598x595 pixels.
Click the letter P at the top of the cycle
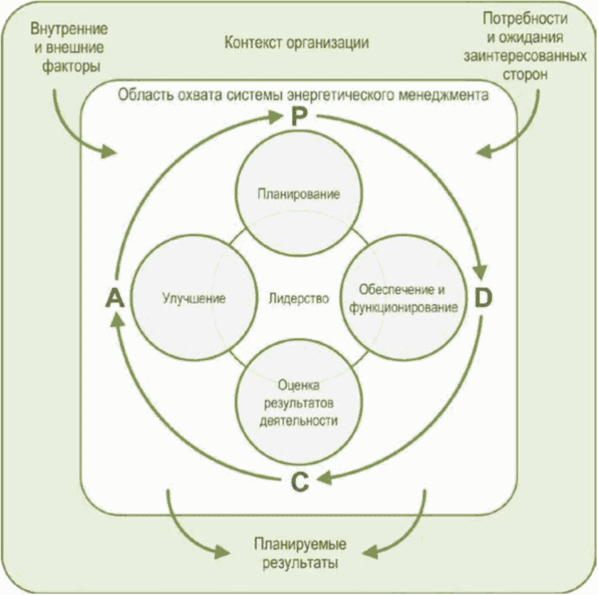click(x=299, y=116)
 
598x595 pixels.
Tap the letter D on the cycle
click(x=483, y=298)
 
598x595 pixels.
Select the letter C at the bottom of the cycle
click(x=299, y=483)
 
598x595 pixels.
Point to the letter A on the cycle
click(x=115, y=298)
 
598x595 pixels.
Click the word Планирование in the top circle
click(x=299, y=195)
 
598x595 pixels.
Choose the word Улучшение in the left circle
click(x=194, y=298)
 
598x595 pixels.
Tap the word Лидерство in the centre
click(x=299, y=298)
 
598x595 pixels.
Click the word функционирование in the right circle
click(x=404, y=308)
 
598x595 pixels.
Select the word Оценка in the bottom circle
click(x=299, y=386)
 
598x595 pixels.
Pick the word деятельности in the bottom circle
click(x=299, y=421)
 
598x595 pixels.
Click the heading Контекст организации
click(x=297, y=42)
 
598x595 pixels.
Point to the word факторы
click(x=71, y=67)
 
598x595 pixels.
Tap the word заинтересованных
click(x=525, y=56)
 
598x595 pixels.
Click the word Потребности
click(x=526, y=19)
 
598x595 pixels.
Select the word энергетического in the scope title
click(x=341, y=94)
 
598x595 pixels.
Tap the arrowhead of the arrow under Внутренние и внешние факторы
click(x=108, y=152)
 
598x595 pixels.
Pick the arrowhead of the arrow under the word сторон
click(x=483, y=152)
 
